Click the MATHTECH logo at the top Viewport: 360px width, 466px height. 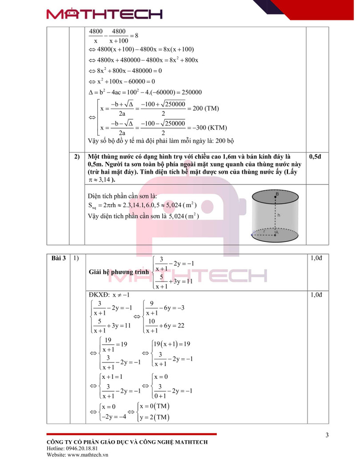coord(104,14)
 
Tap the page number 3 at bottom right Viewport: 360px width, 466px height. coord(327,435)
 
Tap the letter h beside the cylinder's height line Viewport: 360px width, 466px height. coord(279,215)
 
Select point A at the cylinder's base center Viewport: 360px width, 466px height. coord(276,232)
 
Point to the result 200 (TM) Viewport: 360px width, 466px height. coord(206,108)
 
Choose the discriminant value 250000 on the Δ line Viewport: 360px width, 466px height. coord(189,92)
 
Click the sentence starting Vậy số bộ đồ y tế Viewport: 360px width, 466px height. coord(161,141)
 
